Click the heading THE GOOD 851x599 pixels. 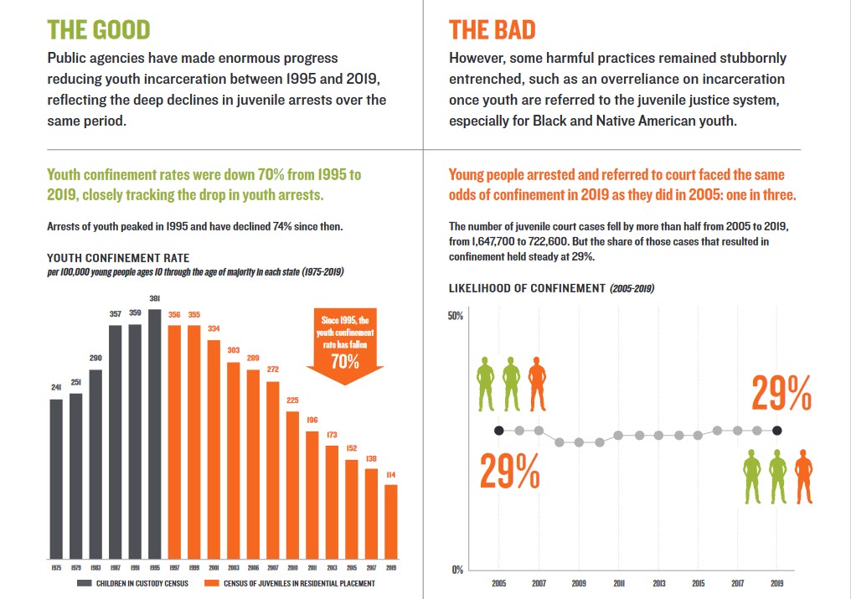click(x=99, y=29)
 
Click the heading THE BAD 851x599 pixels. click(x=492, y=29)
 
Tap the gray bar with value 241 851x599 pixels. click(x=56, y=478)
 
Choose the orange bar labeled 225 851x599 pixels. click(x=292, y=485)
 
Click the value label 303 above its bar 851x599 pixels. click(x=233, y=350)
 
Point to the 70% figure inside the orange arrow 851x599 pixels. click(x=345, y=362)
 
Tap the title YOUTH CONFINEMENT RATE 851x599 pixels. click(x=118, y=258)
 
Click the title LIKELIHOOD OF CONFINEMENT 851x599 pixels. click(x=527, y=288)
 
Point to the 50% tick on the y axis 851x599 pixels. click(x=456, y=316)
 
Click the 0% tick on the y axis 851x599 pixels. click(x=458, y=571)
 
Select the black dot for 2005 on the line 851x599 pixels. click(x=499, y=431)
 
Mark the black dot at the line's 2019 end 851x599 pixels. click(x=777, y=431)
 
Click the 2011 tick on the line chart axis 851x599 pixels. click(x=618, y=583)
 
